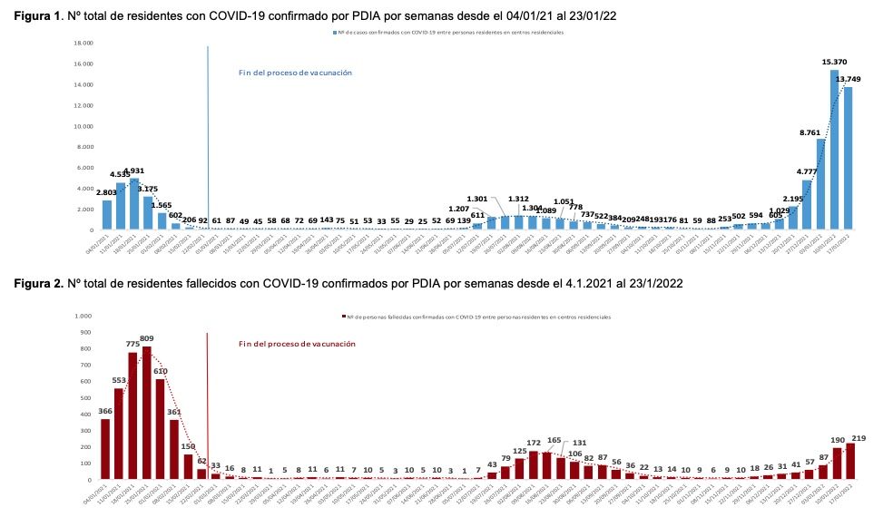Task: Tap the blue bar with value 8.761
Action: pyautogui.click(x=820, y=184)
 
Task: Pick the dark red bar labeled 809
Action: pyautogui.click(x=146, y=414)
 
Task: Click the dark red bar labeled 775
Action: pyautogui.click(x=132, y=416)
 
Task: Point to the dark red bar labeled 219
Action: pyautogui.click(x=850, y=462)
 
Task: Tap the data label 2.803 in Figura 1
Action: pyautogui.click(x=107, y=192)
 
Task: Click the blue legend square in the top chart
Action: pyautogui.click(x=336, y=32)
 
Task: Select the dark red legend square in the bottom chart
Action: pyautogui.click(x=344, y=317)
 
